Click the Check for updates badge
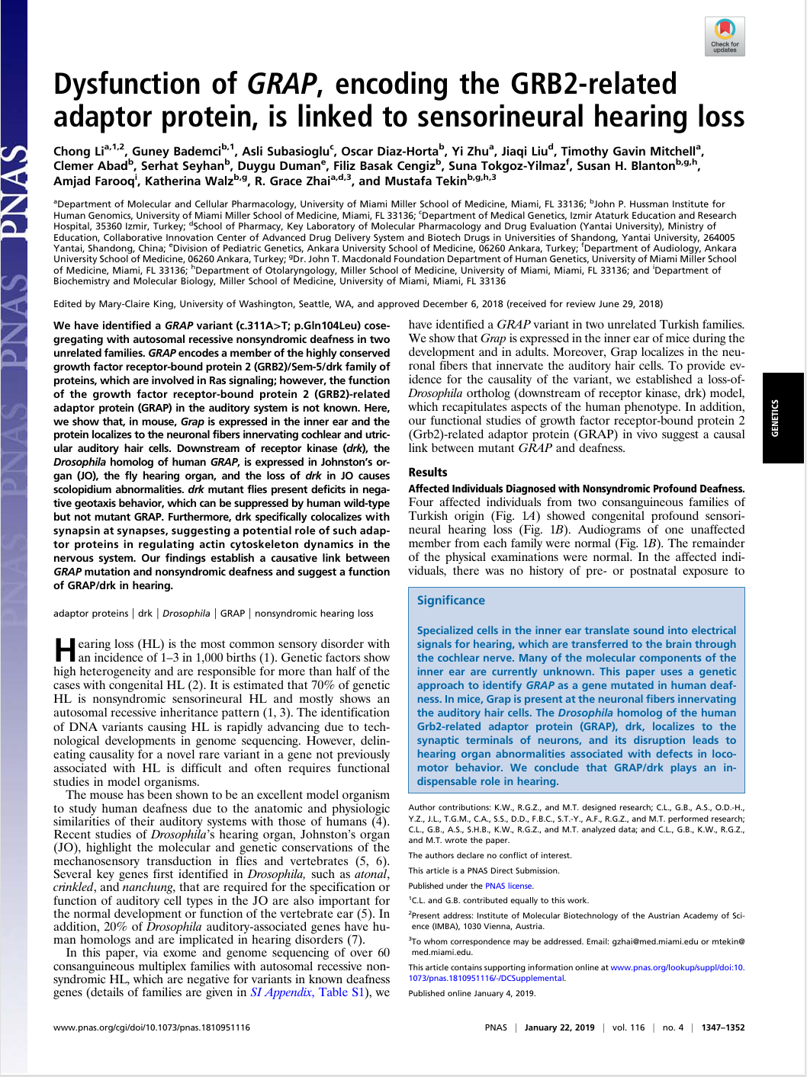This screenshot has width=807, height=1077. [x=724, y=36]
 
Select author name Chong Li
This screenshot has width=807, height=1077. [x=79, y=151]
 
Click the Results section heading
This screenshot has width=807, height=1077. [x=428, y=473]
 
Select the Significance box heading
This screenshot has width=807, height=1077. [x=451, y=601]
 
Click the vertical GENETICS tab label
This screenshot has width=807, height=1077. [x=775, y=417]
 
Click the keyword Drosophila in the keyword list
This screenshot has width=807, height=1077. [x=186, y=614]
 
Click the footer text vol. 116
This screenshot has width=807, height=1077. [x=629, y=1027]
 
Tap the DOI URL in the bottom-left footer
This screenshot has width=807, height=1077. [x=152, y=1027]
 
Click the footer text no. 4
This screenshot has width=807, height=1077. [x=673, y=1027]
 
